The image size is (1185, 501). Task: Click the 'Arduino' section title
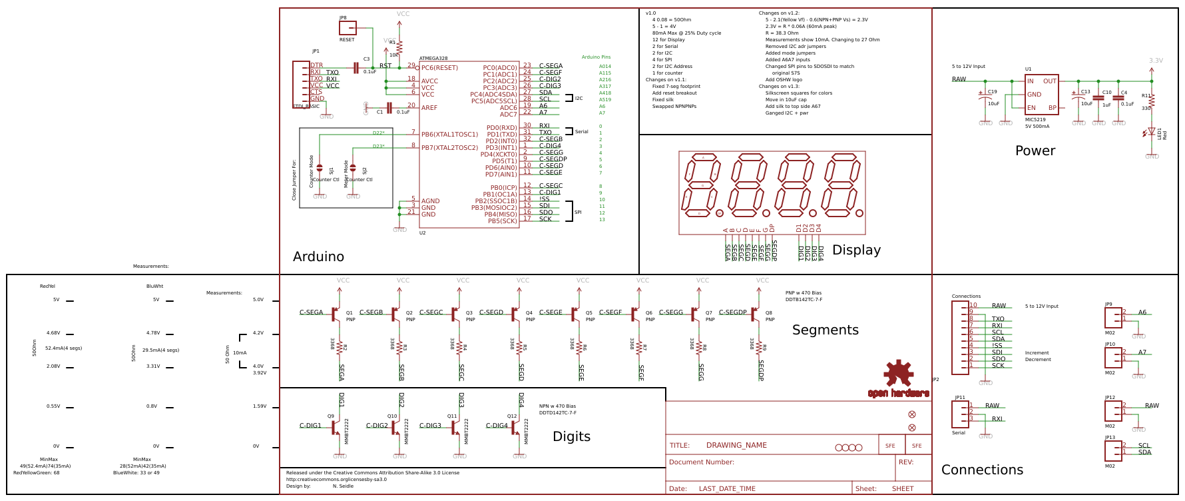(x=318, y=257)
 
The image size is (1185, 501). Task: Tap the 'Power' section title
(x=1035, y=151)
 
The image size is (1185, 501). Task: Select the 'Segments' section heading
(x=825, y=330)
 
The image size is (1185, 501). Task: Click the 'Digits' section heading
(x=571, y=437)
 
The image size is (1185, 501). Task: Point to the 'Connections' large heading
(x=982, y=470)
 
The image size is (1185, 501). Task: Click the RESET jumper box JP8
(x=348, y=28)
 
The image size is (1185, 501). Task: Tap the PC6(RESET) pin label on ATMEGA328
(x=439, y=68)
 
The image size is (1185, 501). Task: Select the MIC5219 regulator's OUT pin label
(x=1049, y=81)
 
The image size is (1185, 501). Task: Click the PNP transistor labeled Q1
(x=335, y=313)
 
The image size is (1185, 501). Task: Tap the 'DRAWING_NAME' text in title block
(x=736, y=446)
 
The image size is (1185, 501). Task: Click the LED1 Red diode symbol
(x=1151, y=132)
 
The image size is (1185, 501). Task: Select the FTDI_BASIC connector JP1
(x=301, y=84)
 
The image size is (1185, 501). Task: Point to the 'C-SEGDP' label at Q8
(x=732, y=312)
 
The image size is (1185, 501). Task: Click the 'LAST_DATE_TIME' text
(x=727, y=489)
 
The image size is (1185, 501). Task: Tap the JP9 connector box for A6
(x=1112, y=317)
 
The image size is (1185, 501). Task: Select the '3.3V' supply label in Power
(x=1156, y=61)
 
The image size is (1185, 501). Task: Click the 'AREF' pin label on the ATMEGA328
(x=429, y=108)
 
